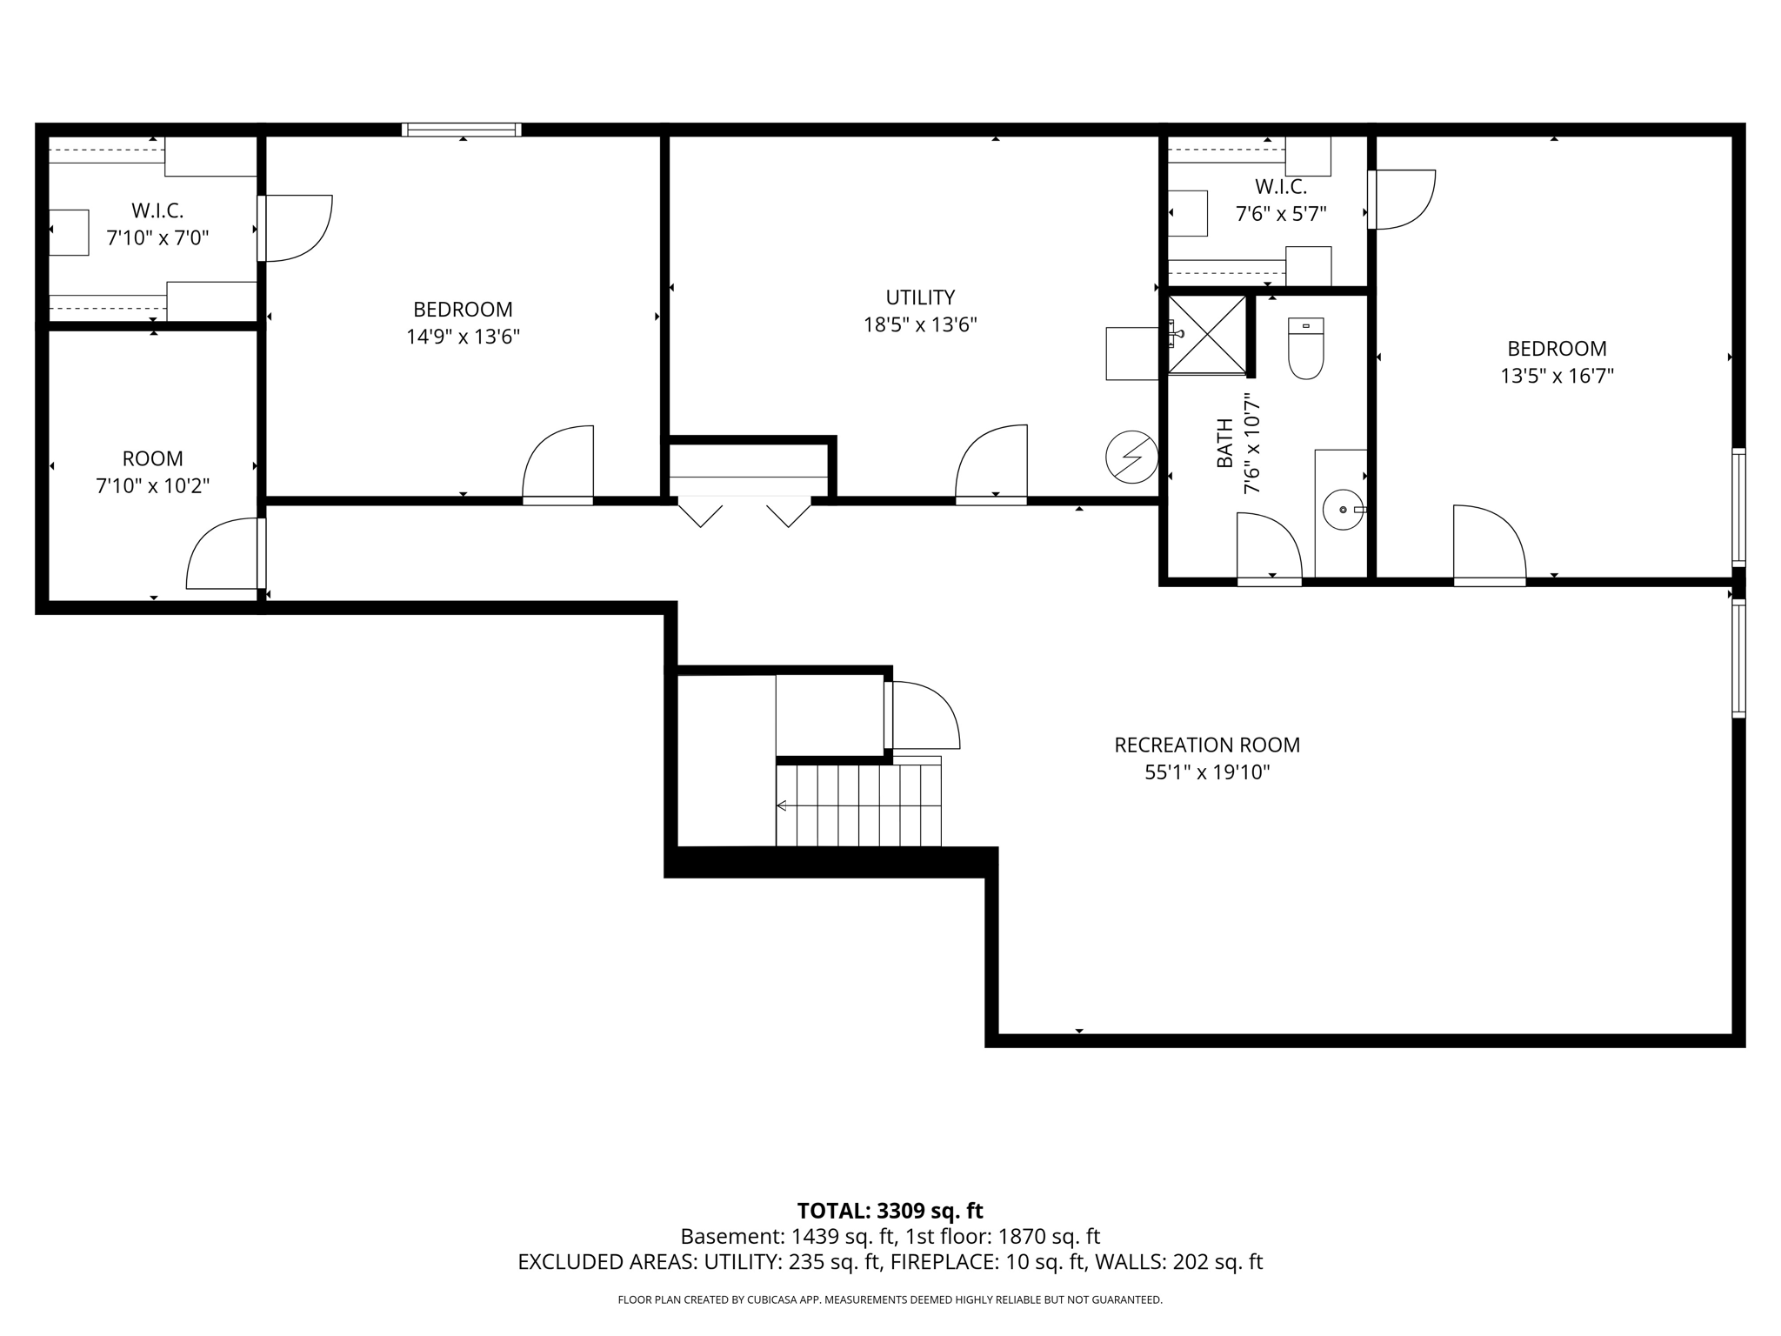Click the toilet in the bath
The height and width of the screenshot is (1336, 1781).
tap(1305, 351)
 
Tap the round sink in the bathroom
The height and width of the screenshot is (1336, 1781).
tap(1343, 510)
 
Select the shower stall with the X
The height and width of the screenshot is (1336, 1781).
tap(1207, 335)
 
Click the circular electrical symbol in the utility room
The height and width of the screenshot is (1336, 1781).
tap(1131, 457)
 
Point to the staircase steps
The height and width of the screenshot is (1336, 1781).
tap(858, 805)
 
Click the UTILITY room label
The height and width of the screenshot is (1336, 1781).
tap(920, 297)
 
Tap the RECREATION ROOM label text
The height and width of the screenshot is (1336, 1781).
tap(1207, 745)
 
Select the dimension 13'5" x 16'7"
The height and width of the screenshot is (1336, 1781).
tap(1557, 376)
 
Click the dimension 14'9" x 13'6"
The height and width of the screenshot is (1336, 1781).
tap(463, 337)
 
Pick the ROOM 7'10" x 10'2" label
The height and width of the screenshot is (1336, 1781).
tap(153, 471)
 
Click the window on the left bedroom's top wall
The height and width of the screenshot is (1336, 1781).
tap(462, 130)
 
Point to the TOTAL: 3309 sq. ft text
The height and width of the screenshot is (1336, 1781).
tap(890, 1211)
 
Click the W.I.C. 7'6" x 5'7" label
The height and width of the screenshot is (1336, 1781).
tap(1280, 200)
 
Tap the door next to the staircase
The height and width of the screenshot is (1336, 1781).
tap(924, 715)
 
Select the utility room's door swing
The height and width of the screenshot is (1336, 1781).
tap(991, 462)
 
